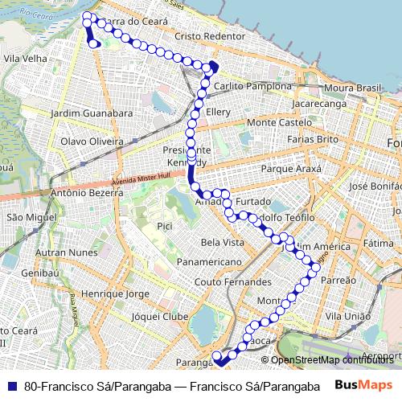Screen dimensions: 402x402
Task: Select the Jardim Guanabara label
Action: click(x=91, y=113)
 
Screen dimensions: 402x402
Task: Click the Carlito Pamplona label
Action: click(x=253, y=86)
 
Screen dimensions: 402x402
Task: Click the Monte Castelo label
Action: click(x=279, y=122)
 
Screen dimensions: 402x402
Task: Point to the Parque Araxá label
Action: click(x=291, y=170)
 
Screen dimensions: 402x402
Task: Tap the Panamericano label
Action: click(x=209, y=262)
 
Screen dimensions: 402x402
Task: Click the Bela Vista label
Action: click(x=222, y=242)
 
